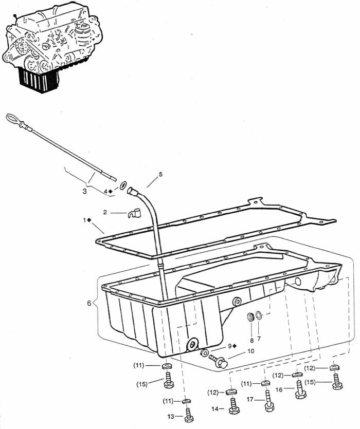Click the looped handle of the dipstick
[11, 120]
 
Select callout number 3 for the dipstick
[84, 191]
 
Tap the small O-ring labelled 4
[123, 186]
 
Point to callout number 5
[160, 174]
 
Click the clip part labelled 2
[134, 213]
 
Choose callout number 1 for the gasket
[85, 220]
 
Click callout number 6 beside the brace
[89, 303]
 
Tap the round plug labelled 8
[250, 318]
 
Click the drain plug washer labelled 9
[204, 352]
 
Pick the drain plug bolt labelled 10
[219, 361]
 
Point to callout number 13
[171, 417]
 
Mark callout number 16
[279, 389]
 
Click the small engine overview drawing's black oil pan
[39, 80]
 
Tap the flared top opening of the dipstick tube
[131, 191]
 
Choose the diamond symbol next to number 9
[235, 346]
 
